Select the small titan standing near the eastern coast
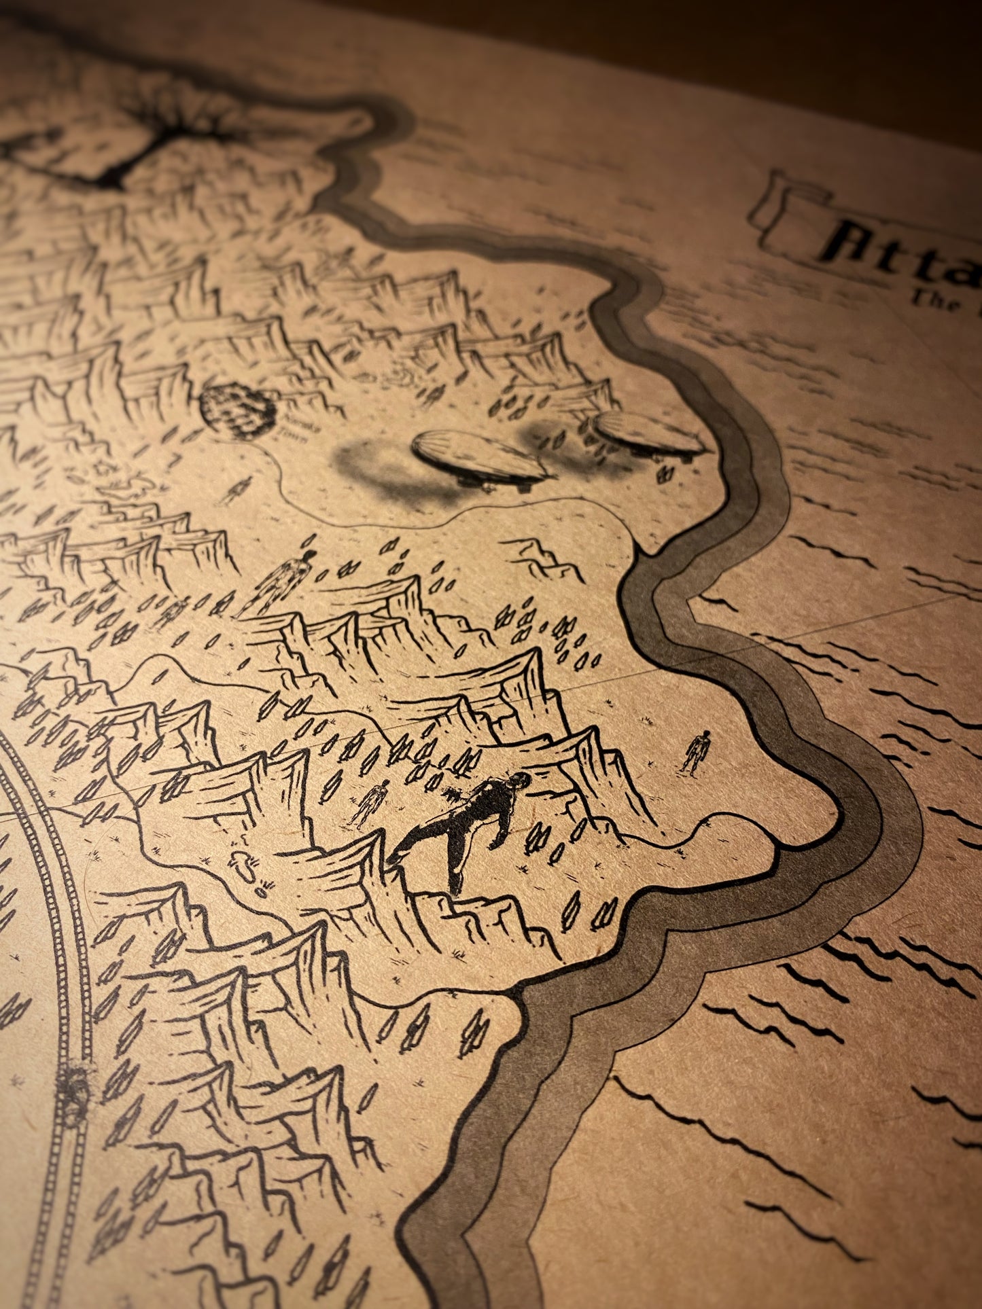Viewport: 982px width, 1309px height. pos(697,751)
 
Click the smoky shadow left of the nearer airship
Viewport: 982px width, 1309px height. pos(370,462)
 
